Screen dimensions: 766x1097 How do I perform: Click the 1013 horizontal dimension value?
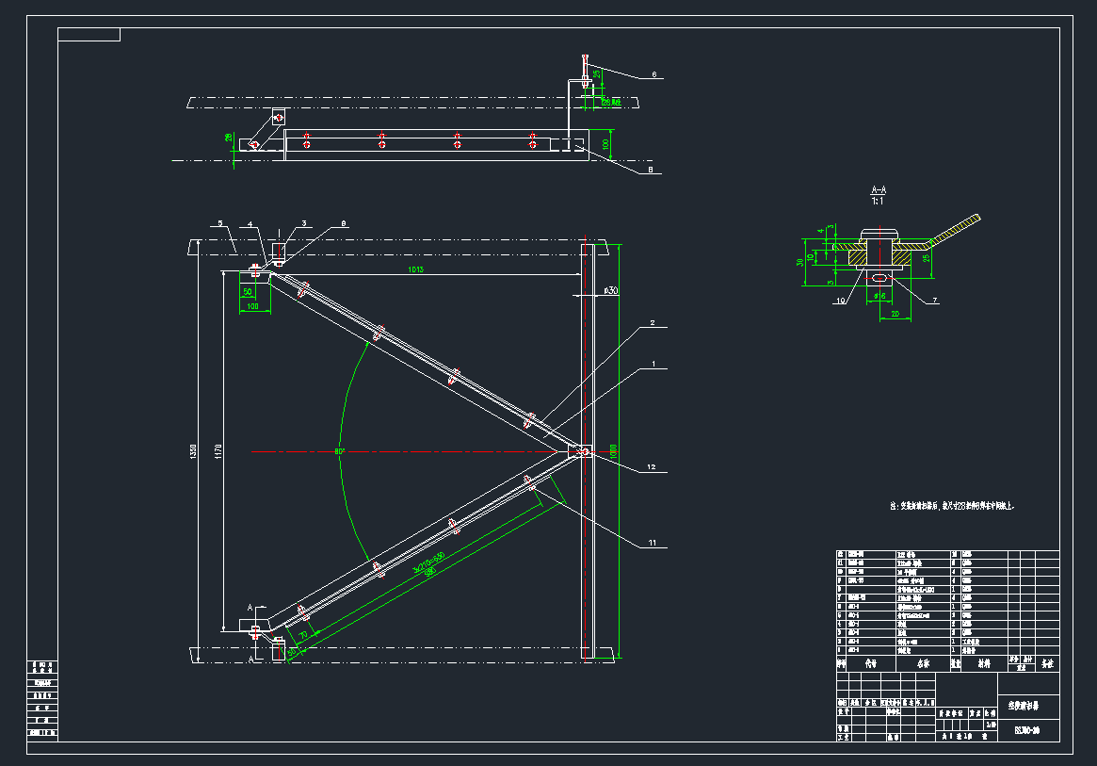point(415,270)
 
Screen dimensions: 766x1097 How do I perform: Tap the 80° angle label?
point(339,451)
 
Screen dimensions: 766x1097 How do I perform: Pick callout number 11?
point(651,544)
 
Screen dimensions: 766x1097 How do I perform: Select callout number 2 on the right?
point(651,323)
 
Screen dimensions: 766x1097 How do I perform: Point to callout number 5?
point(219,223)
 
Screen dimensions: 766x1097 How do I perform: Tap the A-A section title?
point(879,190)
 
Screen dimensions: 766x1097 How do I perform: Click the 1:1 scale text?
point(879,201)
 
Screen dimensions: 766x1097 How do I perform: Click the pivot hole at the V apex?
point(585,453)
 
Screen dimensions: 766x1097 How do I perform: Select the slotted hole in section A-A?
point(879,279)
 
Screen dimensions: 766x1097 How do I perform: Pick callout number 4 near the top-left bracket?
point(250,223)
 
